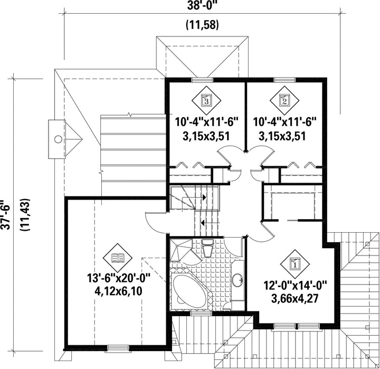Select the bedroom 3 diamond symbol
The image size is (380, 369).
coord(206,100)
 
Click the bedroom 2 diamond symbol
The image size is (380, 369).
coord(284,100)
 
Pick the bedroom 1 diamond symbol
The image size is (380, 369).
coord(295,264)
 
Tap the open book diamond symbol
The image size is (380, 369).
coord(118,258)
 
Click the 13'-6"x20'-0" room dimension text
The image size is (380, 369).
coord(119,278)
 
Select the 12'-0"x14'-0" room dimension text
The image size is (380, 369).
coord(296,285)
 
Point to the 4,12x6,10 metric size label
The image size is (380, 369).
coord(119,291)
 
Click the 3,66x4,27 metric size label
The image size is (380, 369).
coord(294,298)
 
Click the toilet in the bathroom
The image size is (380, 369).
coord(208,248)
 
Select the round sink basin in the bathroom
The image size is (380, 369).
coord(237,280)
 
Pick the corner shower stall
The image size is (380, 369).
coord(181,250)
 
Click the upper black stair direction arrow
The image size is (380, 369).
coord(205,197)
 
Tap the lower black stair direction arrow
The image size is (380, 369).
coord(202,222)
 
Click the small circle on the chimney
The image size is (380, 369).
coord(58,139)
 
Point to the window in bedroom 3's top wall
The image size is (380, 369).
coord(202,80)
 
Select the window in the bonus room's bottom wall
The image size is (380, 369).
coord(118,348)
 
